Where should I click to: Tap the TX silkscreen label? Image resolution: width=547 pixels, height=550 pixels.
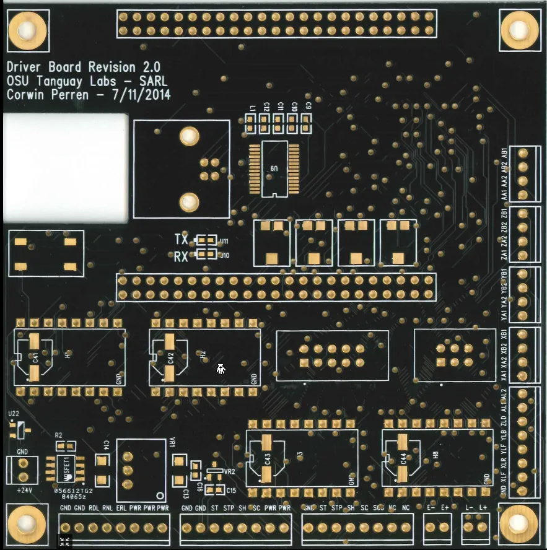[x=181, y=240]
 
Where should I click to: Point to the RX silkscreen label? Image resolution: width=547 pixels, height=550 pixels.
[x=181, y=256]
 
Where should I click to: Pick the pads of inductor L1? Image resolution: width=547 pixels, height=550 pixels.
[x=251, y=124]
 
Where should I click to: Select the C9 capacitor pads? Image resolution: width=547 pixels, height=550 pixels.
[x=307, y=124]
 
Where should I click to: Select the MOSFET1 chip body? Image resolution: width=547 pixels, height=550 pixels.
[x=66, y=468]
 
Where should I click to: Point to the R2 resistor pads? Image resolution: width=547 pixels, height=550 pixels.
[x=65, y=445]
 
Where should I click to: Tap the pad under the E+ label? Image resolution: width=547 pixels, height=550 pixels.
[x=445, y=528]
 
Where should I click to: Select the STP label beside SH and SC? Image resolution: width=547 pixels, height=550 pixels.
[x=336, y=508]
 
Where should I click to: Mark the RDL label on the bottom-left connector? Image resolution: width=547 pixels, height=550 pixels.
[x=94, y=508]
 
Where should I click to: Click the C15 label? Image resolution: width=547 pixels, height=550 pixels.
[x=231, y=491]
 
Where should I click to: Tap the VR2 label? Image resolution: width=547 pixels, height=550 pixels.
[x=230, y=471]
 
